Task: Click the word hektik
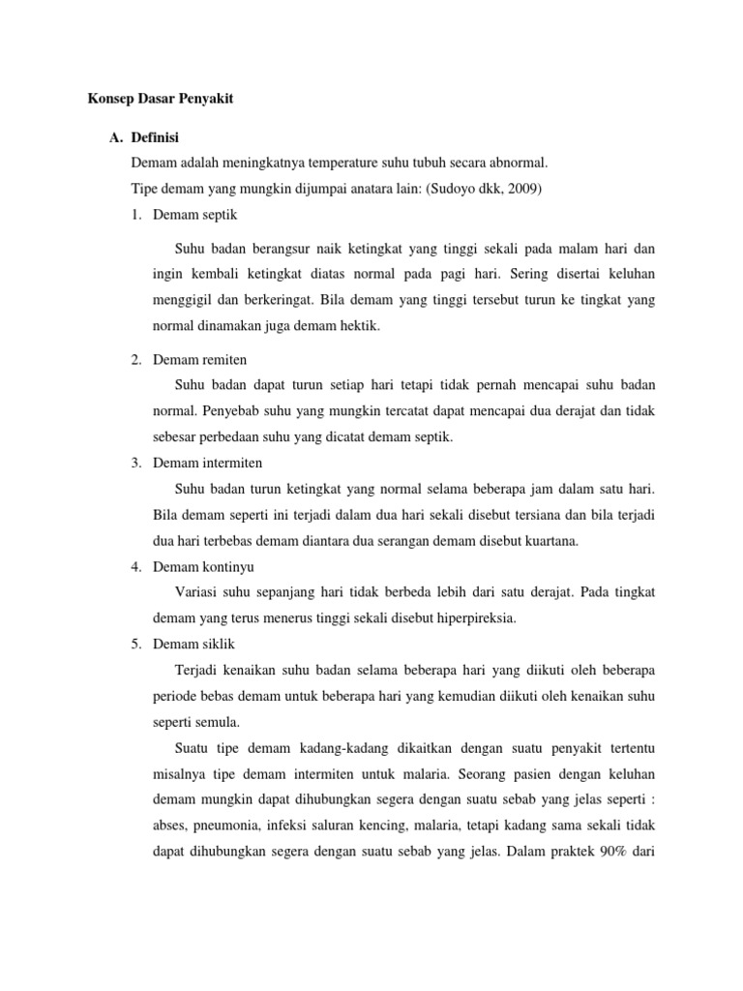click(x=358, y=326)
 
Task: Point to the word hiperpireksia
click(x=469, y=617)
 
